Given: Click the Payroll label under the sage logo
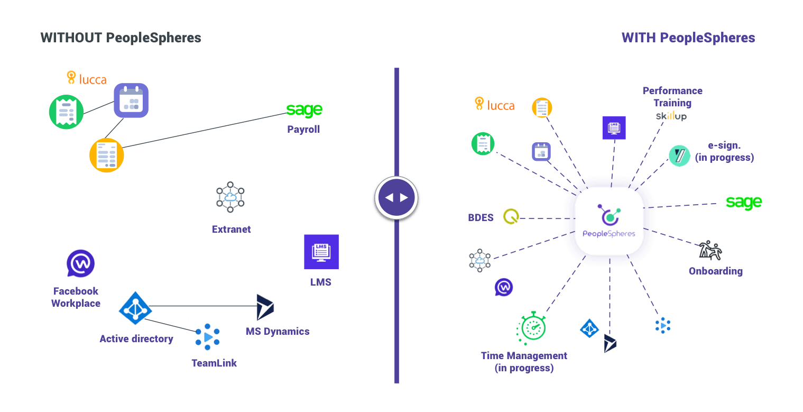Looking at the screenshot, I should (x=303, y=129).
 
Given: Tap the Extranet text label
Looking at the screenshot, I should (x=232, y=229).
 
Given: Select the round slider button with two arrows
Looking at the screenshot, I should (x=396, y=198).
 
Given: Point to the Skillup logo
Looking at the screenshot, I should (x=671, y=116).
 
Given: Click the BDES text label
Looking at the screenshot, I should (x=481, y=217).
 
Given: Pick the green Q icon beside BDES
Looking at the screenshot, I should (x=511, y=216).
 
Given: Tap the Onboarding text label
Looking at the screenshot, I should (x=715, y=271).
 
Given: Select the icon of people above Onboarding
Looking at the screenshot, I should (x=710, y=250).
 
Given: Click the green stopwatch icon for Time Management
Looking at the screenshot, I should (x=531, y=328).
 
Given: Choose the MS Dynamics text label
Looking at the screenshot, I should (x=278, y=331).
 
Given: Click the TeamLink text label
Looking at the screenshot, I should (x=214, y=363).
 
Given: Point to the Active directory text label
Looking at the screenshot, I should (x=136, y=338).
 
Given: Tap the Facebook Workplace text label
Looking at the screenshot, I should (x=76, y=297).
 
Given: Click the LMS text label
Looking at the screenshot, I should (x=321, y=282).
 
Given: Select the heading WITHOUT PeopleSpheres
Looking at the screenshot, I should (x=121, y=38).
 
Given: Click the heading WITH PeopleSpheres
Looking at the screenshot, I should (x=688, y=38).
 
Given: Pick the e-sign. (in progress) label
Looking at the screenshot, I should (x=724, y=151).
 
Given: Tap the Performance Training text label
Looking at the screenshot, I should (x=672, y=96).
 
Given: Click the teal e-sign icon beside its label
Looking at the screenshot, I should (x=679, y=156).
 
